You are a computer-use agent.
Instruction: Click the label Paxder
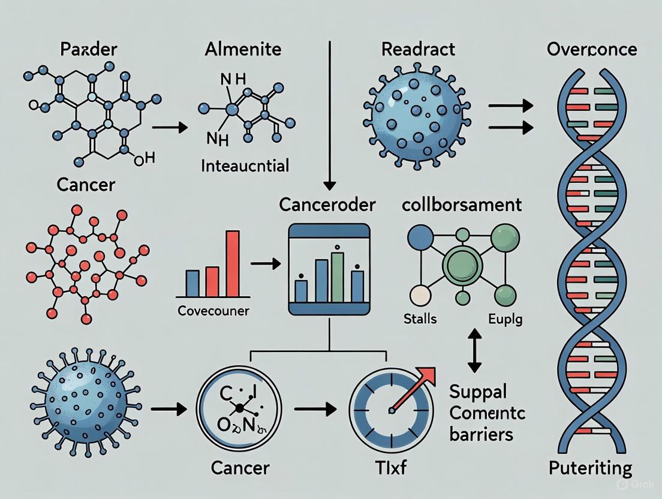pyautogui.click(x=88, y=49)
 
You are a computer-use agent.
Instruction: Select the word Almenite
pyautogui.click(x=243, y=49)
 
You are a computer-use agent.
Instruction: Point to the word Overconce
pyautogui.click(x=592, y=49)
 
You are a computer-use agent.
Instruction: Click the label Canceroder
pyautogui.click(x=327, y=205)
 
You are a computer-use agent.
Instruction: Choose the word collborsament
pyautogui.click(x=462, y=205)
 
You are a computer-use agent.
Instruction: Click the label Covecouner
pyautogui.click(x=213, y=311)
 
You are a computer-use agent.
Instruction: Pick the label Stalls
pyautogui.click(x=420, y=318)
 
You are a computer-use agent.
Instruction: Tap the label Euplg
pyautogui.click(x=505, y=318)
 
